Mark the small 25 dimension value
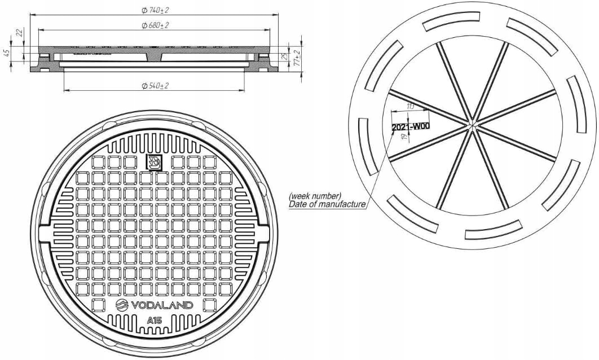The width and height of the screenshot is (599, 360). [x=285, y=56]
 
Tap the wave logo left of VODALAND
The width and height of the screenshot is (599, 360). [x=123, y=305]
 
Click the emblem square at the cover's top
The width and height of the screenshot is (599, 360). [x=154, y=163]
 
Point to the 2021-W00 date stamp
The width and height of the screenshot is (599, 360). [x=411, y=126]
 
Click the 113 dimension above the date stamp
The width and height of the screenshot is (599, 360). [x=410, y=106]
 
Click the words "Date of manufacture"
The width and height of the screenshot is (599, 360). [x=327, y=204]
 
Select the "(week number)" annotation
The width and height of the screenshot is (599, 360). [x=315, y=195]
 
